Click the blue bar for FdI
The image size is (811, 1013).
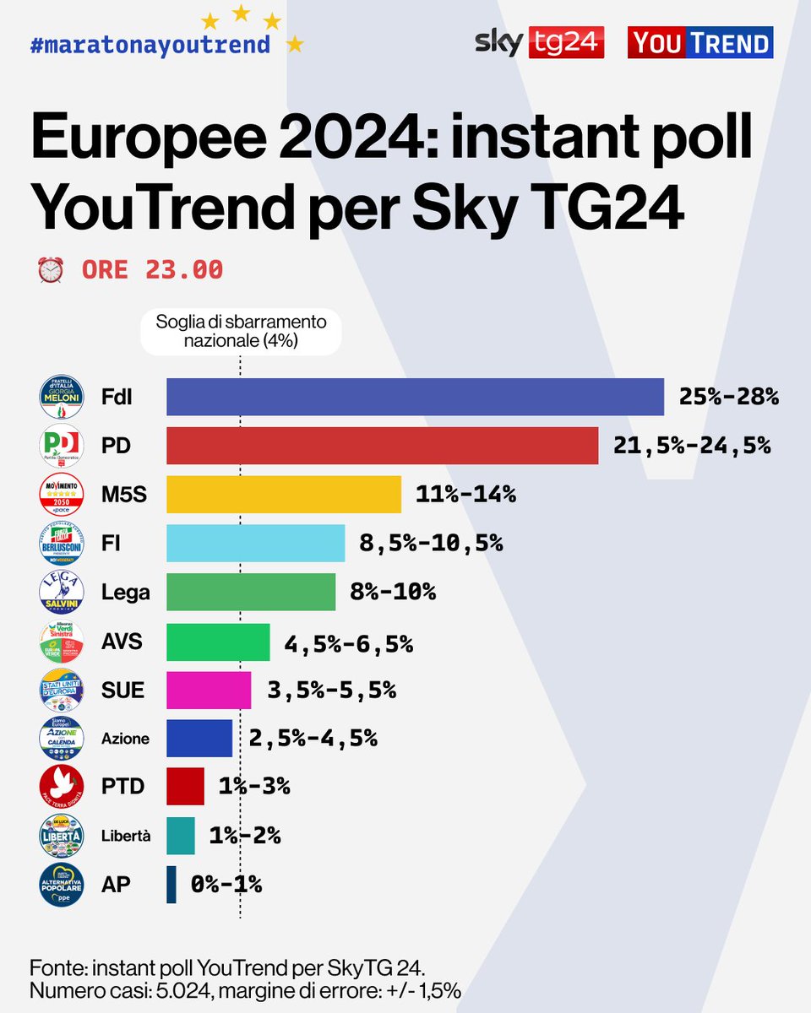415,397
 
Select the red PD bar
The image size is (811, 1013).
382,446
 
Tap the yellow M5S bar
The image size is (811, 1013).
283,495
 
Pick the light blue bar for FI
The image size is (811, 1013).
255,543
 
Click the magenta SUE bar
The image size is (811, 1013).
209,691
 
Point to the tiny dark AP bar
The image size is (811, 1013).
171,885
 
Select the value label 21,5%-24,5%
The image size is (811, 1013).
692,446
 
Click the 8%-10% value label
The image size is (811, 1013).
393,592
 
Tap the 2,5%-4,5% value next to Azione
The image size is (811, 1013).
313,739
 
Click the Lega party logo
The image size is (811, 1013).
62,592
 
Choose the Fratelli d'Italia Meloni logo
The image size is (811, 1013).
62,397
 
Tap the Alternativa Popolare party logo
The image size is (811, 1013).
62,885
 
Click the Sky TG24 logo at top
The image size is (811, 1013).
539,42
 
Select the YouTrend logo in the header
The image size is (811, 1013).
700,42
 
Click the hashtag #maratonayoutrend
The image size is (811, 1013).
150,44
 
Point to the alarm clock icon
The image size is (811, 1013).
51,270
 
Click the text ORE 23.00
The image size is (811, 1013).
152,270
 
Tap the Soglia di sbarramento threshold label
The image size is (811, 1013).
241,331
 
